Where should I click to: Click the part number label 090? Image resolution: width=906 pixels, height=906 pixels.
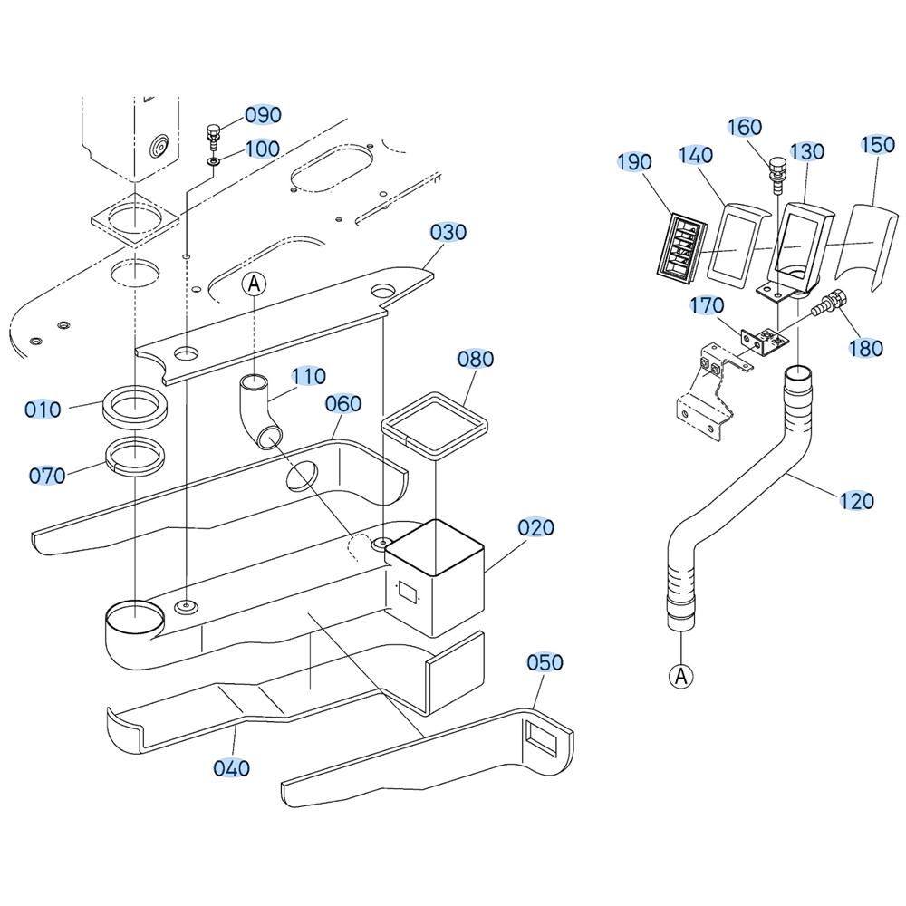coord(263,115)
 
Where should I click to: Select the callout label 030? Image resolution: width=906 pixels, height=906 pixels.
coord(448,232)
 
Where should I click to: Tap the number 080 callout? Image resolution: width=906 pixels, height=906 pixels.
coord(476,359)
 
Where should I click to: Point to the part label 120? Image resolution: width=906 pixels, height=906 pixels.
coord(855,500)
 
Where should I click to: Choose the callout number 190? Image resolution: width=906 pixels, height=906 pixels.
coord(634,162)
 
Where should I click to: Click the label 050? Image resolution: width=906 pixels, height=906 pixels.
coord(545,662)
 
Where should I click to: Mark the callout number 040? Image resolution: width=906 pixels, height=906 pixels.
coord(232,768)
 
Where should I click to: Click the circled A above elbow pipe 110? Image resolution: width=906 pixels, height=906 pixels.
coord(255,284)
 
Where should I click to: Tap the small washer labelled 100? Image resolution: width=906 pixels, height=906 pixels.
coord(214,161)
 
